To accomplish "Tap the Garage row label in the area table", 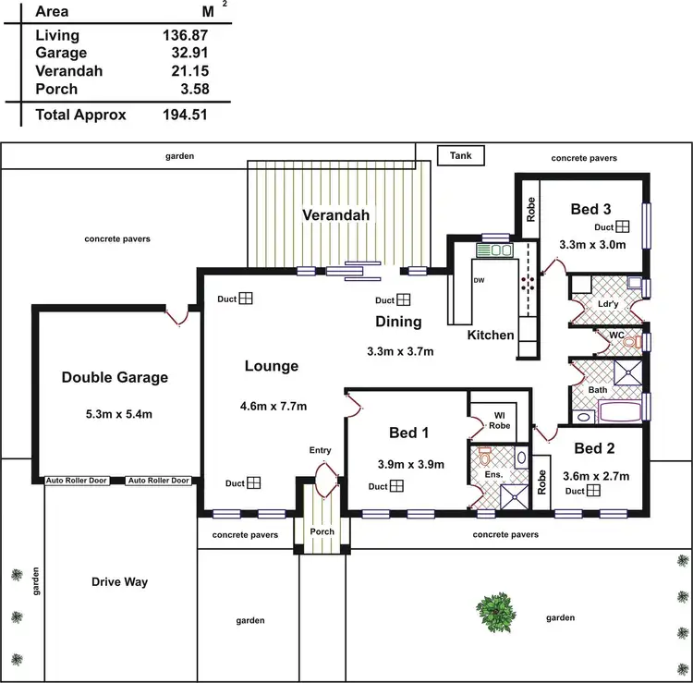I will (x=60, y=53).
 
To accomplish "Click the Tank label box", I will (x=460, y=156).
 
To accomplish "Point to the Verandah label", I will (x=336, y=215).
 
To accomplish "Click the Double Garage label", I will (x=115, y=377).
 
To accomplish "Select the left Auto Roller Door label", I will (x=77, y=481).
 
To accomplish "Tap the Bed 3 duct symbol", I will (x=624, y=226).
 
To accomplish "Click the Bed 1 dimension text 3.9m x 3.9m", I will (x=411, y=464).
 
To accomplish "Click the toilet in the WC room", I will (x=630, y=342).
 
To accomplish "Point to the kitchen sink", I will (x=496, y=250).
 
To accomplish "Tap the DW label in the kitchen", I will (x=479, y=279).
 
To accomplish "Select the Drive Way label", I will (x=120, y=582).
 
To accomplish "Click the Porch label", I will (x=322, y=531).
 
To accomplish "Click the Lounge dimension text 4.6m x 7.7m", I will (x=274, y=406).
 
